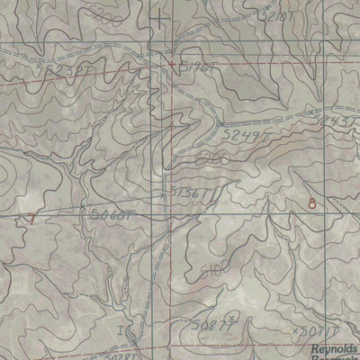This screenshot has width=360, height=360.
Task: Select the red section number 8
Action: click(x=311, y=203)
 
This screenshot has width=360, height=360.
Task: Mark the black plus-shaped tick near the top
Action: click(x=160, y=19)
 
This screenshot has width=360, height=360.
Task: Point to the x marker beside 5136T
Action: click(x=163, y=193)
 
